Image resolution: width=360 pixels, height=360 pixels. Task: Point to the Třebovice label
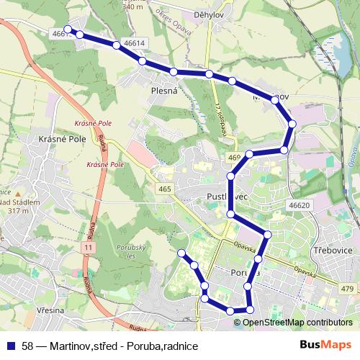pyautogui.click(x=333, y=250)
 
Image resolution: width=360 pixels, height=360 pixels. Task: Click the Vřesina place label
pyautogui.click(x=49, y=310)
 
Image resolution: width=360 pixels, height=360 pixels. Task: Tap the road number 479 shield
pyautogui.click(x=348, y=289)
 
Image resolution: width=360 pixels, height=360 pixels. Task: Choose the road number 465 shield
pyautogui.click(x=166, y=189)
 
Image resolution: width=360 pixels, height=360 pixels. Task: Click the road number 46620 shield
pyautogui.click(x=299, y=205)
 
